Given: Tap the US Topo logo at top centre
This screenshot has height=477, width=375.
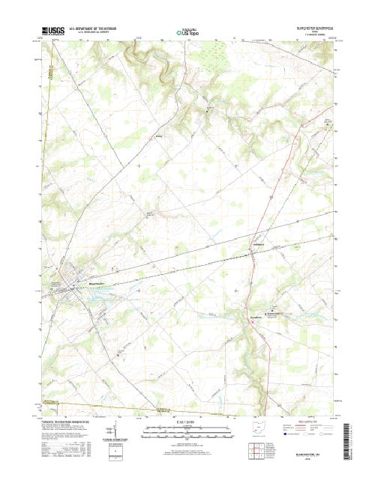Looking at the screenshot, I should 187,33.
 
